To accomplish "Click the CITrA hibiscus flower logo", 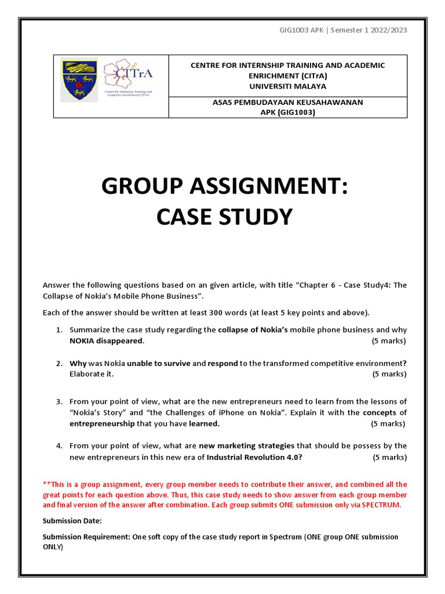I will [x=127, y=75].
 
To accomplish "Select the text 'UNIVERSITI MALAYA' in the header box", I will [x=287, y=86].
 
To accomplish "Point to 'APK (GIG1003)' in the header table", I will [x=287, y=112].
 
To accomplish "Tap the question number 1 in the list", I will [x=59, y=330].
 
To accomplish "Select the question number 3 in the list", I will [x=59, y=401].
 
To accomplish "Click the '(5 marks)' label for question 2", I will [x=389, y=374].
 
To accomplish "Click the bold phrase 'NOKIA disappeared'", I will [x=106, y=341].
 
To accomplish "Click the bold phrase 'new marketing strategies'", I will [x=247, y=445].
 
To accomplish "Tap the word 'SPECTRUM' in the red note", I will [x=381, y=505].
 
